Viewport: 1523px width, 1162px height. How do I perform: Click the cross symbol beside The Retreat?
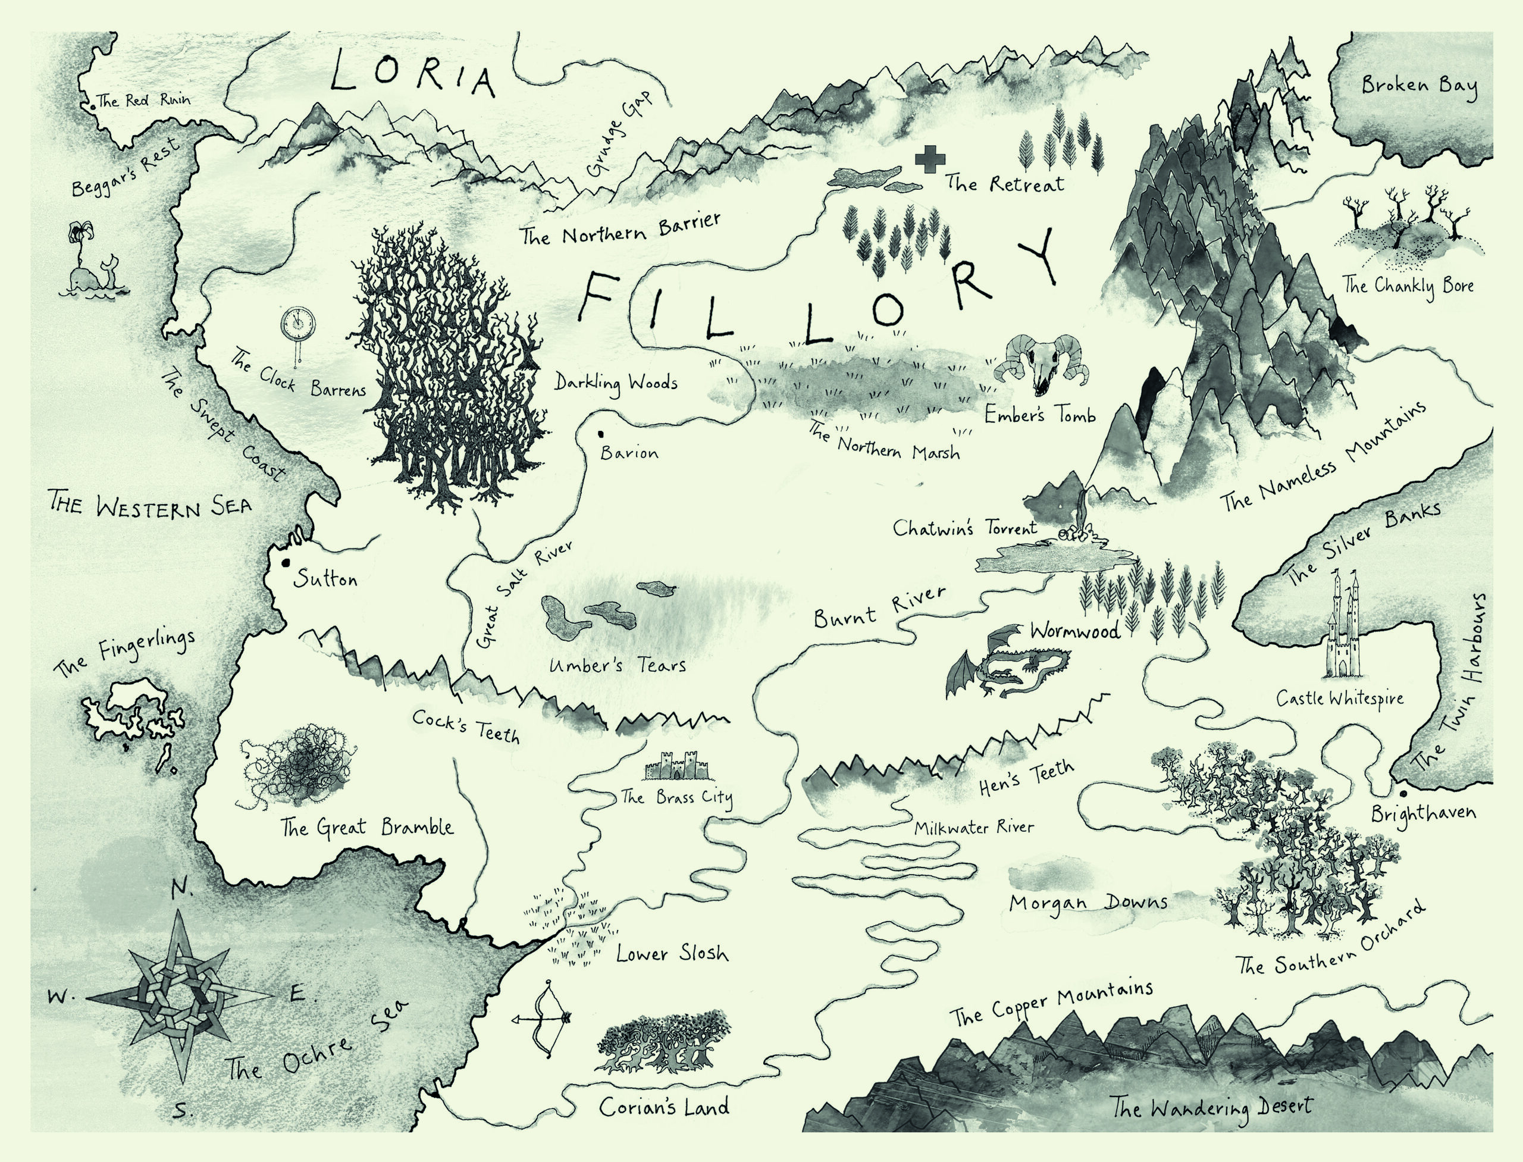click(x=929, y=161)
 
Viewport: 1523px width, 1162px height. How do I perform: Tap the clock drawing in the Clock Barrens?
click(x=298, y=324)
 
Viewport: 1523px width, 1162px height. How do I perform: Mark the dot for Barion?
click(x=601, y=434)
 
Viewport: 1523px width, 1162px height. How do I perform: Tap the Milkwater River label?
click(x=973, y=827)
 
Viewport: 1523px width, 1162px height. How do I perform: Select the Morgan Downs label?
click(x=1088, y=903)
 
